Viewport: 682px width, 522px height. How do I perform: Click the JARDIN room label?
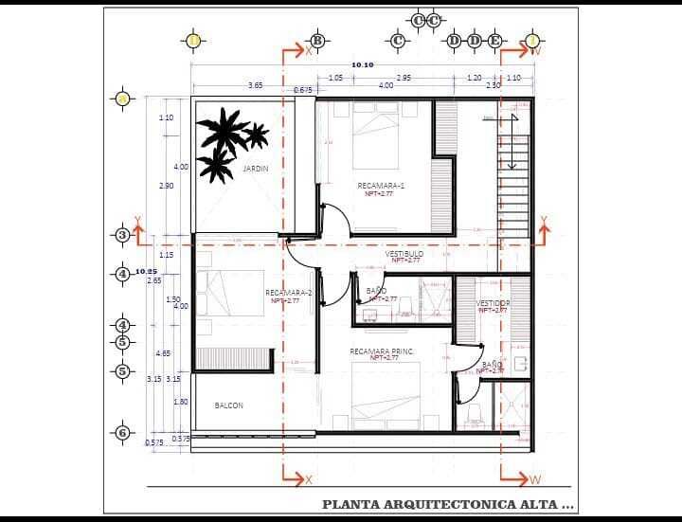coord(256,169)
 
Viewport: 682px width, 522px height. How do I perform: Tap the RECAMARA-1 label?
coord(381,186)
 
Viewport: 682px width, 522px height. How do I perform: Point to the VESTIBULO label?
coord(404,254)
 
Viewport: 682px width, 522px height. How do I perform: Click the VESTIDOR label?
coord(493,303)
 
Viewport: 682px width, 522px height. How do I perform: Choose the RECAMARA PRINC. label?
coord(382,351)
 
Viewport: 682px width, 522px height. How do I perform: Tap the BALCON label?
coord(228,405)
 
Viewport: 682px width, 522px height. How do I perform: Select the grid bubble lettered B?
coord(317,41)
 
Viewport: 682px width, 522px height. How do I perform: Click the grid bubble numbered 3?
coord(121,235)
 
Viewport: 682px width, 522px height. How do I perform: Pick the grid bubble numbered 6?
coord(121,433)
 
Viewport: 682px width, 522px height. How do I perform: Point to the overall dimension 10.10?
coord(362,65)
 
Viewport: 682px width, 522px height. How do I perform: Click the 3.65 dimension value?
coord(255,85)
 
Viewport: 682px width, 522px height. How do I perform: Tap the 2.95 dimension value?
coord(404,78)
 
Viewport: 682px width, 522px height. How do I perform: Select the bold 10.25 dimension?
coord(146,272)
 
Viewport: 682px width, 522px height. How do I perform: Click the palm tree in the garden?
coord(225,140)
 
